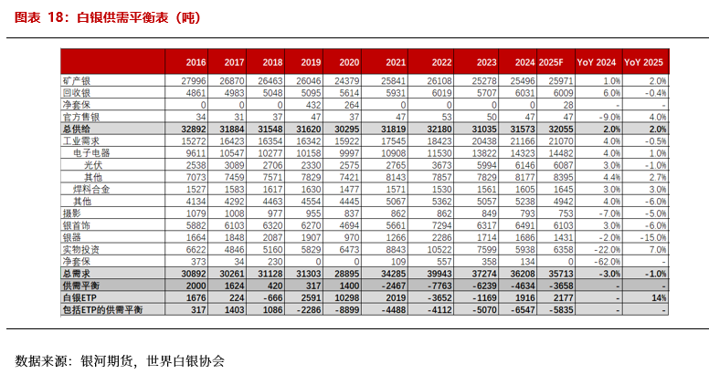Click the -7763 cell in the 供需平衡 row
coord(440,286)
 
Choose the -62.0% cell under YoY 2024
coord(608,260)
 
